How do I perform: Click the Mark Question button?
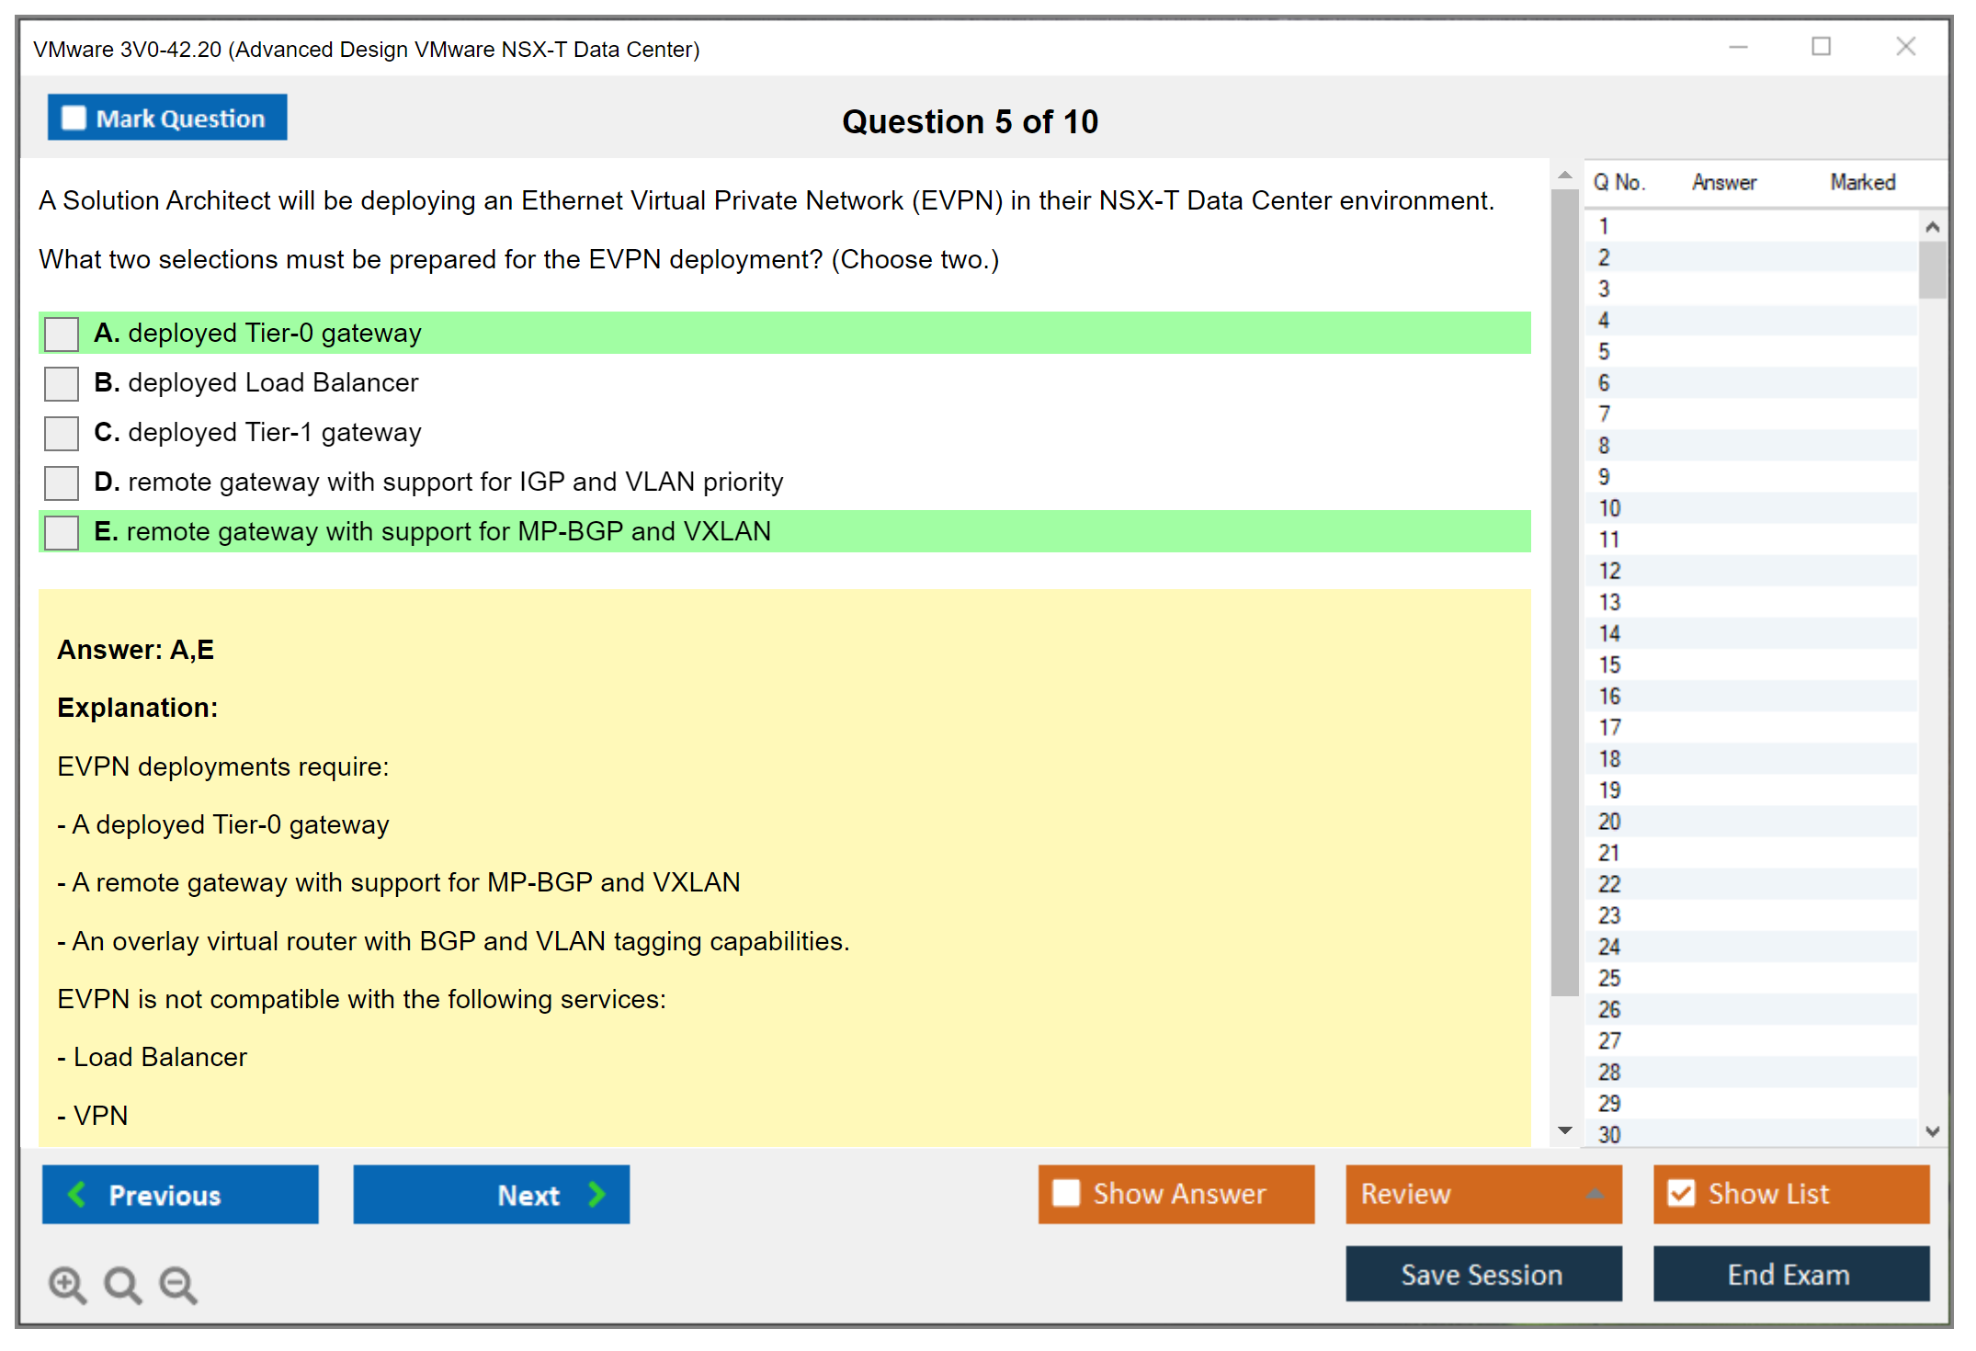pyautogui.click(x=167, y=118)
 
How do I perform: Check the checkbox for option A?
pyautogui.click(x=62, y=334)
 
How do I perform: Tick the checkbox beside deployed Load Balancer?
pyautogui.click(x=62, y=383)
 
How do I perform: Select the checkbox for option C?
pyautogui.click(x=62, y=433)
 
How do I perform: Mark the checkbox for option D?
pyautogui.click(x=62, y=482)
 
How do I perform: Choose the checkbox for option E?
pyautogui.click(x=62, y=532)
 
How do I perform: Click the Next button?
pyautogui.click(x=492, y=1195)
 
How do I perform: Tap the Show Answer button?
pyautogui.click(x=1176, y=1194)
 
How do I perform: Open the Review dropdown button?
pyautogui.click(x=1484, y=1194)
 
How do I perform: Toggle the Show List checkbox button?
pyautogui.click(x=1791, y=1194)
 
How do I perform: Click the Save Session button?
pyautogui.click(x=1484, y=1275)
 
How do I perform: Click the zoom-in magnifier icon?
pyautogui.click(x=68, y=1285)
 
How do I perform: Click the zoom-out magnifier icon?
pyautogui.click(x=178, y=1285)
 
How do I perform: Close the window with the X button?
pyautogui.click(x=1905, y=46)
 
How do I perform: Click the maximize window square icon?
pyautogui.click(x=1822, y=46)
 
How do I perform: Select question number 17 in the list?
pyautogui.click(x=1609, y=728)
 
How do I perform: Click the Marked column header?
pyautogui.click(x=1863, y=182)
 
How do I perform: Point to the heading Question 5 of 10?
pyautogui.click(x=971, y=121)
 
